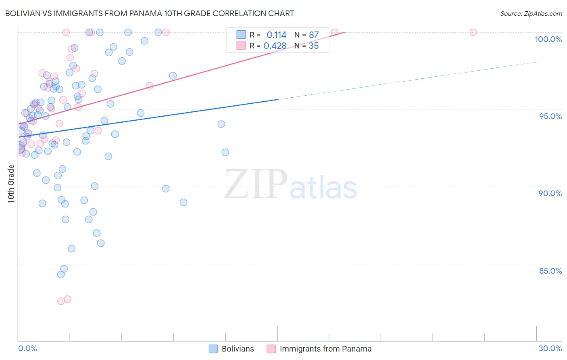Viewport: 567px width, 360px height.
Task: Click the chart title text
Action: (x=150, y=13)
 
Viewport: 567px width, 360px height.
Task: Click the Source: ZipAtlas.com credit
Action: (x=531, y=13)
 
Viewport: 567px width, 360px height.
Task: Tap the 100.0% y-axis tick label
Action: (x=548, y=39)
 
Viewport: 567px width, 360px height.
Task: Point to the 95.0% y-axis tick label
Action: (x=550, y=116)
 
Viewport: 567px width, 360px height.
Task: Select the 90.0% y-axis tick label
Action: (x=550, y=193)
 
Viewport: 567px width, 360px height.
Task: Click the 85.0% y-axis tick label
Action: (x=550, y=271)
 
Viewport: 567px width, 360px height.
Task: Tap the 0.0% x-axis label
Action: (x=27, y=348)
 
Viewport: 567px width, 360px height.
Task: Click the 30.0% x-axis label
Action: (x=550, y=348)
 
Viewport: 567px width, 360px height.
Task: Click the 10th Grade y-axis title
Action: (x=11, y=184)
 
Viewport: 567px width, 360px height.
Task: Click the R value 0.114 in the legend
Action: (x=276, y=35)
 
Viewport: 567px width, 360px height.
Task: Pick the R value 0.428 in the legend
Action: (x=275, y=46)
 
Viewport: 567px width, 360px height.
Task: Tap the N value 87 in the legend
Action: (x=314, y=35)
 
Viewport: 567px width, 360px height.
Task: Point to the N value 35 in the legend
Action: (x=314, y=46)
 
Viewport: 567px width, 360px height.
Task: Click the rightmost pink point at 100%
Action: (x=473, y=32)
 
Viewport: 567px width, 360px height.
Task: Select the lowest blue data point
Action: (x=61, y=274)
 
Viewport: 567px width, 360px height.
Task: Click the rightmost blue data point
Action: (x=225, y=152)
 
